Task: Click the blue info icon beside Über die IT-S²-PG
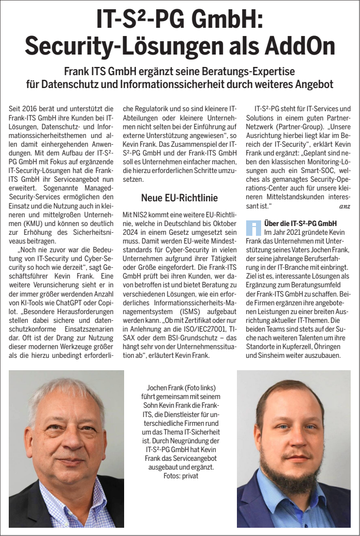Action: [254, 227]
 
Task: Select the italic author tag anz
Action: [345, 206]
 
